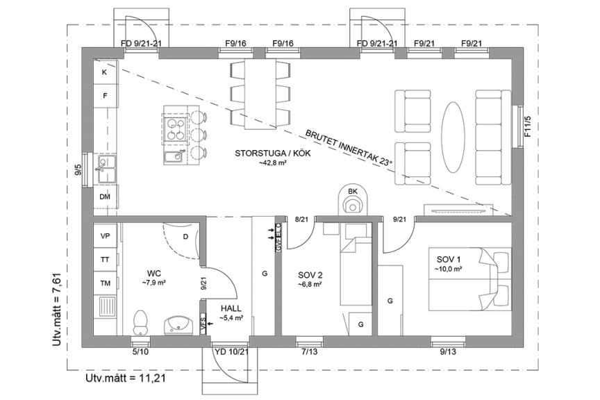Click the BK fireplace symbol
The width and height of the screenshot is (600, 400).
[353, 201]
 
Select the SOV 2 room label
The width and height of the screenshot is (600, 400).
[310, 274]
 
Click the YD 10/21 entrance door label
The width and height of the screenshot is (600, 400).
[231, 353]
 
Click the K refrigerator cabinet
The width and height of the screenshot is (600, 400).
[105, 72]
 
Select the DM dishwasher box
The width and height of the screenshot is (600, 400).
[105, 197]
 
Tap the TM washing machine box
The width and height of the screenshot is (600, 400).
[106, 283]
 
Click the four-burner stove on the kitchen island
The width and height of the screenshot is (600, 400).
[174, 127]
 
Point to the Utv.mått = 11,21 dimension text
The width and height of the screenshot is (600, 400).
[125, 380]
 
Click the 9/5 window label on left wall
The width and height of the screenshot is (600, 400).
[78, 170]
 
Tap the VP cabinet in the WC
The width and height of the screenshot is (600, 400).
[106, 236]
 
